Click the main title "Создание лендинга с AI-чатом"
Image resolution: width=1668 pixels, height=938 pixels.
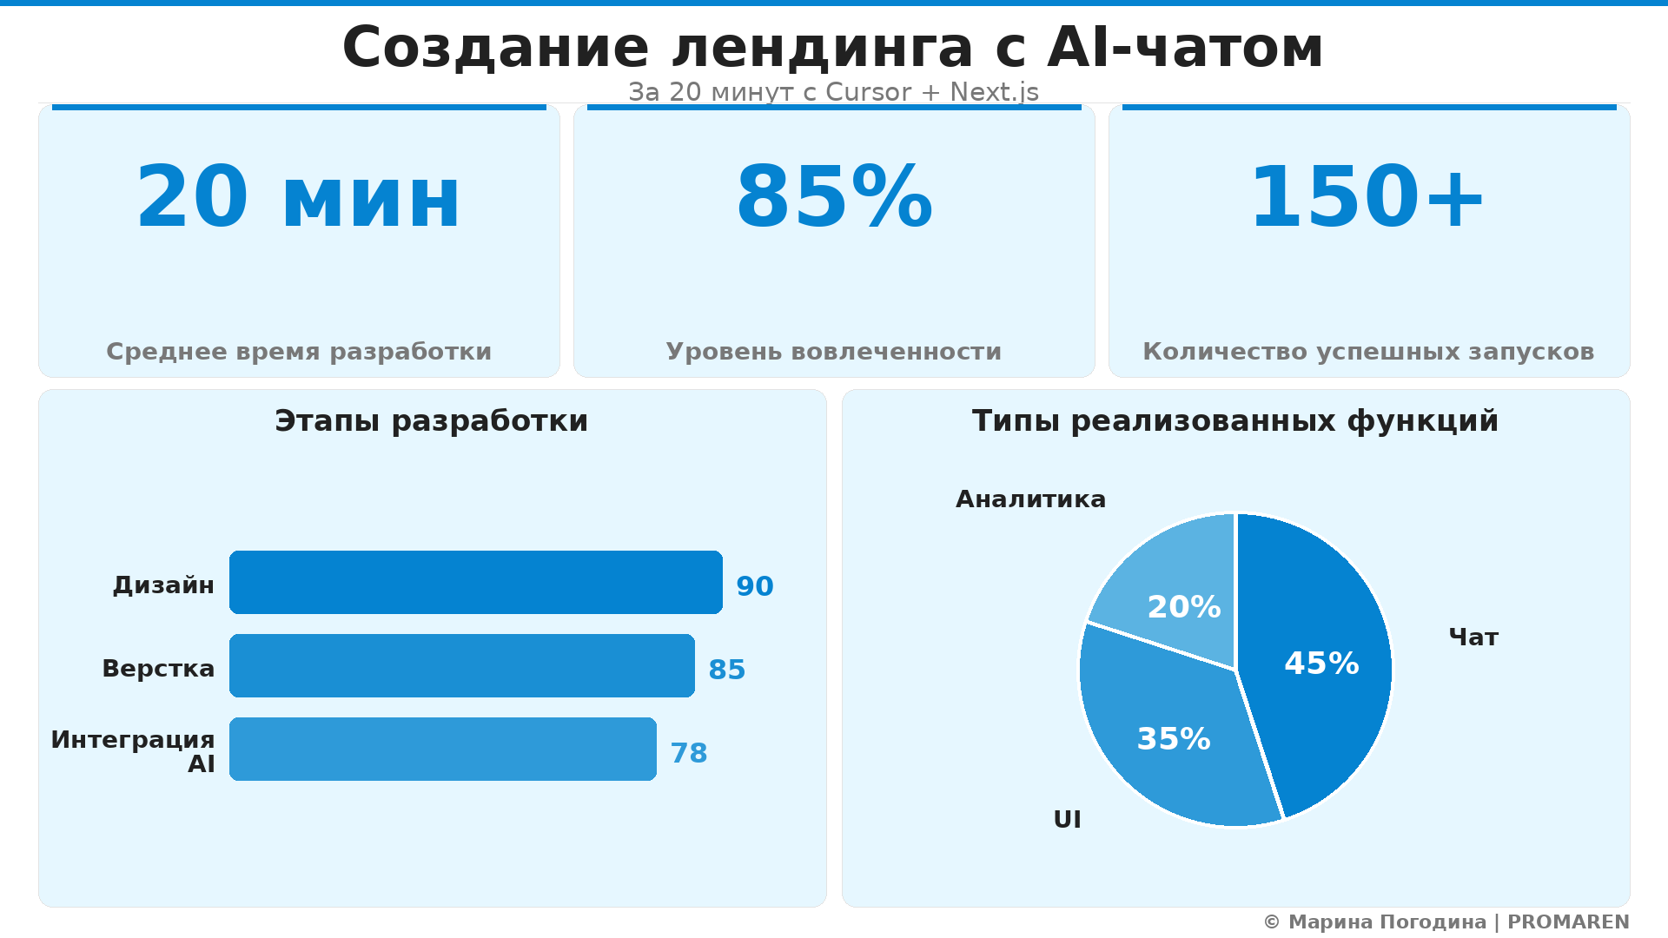pyautogui.click(x=832, y=48)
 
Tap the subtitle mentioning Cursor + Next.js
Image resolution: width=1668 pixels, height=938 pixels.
pyautogui.click(x=832, y=92)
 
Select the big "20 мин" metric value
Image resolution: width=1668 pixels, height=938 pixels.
pyautogui.click(x=298, y=199)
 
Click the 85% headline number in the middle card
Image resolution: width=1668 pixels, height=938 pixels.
pyautogui.click(x=834, y=199)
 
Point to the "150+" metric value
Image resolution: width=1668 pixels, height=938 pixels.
pyautogui.click(x=1367, y=199)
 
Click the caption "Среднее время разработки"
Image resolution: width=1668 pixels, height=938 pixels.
pyautogui.click(x=298, y=352)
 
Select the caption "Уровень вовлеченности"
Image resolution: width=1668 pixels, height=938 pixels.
pyautogui.click(x=833, y=352)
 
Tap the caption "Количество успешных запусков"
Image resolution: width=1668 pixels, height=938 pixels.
pyautogui.click(x=1367, y=352)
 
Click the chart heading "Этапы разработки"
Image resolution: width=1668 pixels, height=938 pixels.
pyautogui.click(x=431, y=421)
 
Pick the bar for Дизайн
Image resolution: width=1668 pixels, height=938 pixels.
pyautogui.click(x=475, y=582)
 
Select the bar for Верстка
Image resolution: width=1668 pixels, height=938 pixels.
pyautogui.click(x=461, y=665)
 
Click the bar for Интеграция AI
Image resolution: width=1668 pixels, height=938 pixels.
pyautogui.click(x=442, y=749)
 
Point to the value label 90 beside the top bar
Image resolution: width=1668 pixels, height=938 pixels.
pyautogui.click(x=754, y=587)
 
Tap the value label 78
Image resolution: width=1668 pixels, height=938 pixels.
pyautogui.click(x=688, y=754)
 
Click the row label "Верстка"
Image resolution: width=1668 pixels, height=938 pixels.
pyautogui.click(x=158, y=669)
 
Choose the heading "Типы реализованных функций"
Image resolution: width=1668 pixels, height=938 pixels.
pyautogui.click(x=1234, y=421)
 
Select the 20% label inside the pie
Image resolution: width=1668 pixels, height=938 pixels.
pyautogui.click(x=1183, y=607)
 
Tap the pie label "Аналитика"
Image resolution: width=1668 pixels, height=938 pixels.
pyautogui.click(x=1030, y=499)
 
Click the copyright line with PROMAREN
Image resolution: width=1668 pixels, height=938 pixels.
pyautogui.click(x=1446, y=922)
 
